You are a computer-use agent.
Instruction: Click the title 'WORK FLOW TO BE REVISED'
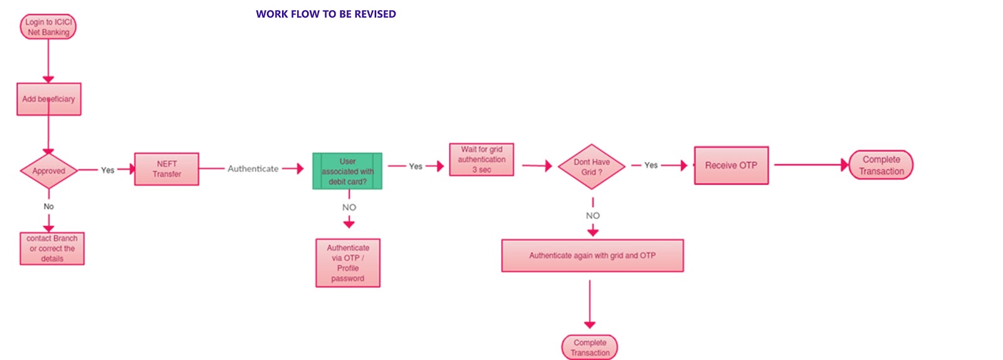pos(325,14)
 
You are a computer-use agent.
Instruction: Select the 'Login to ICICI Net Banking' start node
pos(48,27)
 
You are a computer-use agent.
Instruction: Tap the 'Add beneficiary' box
pos(49,99)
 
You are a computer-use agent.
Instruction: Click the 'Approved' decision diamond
pos(49,171)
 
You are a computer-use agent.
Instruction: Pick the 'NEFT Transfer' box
pos(167,169)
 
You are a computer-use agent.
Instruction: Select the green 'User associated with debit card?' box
pos(347,171)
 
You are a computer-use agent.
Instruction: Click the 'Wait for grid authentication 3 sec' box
pos(481,159)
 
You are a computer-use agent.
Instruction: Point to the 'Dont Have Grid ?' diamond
pos(592,167)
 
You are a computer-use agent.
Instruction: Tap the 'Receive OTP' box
pos(731,166)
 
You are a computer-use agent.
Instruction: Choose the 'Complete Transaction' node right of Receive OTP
pos(881,165)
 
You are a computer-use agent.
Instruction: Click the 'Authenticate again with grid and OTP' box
pos(592,255)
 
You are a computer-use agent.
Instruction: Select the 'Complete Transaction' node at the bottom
pos(590,347)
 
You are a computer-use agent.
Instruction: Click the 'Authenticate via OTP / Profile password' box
pos(348,263)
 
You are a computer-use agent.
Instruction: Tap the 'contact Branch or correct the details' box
pos(52,248)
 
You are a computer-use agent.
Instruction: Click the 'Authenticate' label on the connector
pos(253,169)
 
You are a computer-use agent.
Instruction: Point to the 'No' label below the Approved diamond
pos(49,206)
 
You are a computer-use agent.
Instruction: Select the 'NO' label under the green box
pos(349,208)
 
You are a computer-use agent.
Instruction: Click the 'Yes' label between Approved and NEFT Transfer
pos(108,170)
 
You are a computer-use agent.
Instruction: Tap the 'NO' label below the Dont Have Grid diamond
pos(593,216)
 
